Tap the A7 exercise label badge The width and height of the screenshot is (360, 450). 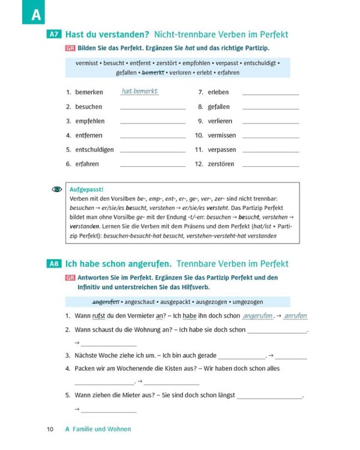click(53, 35)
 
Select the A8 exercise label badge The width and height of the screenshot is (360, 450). click(53, 263)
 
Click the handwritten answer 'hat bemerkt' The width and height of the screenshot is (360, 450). click(139, 91)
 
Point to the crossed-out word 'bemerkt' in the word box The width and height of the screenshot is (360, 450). click(152, 72)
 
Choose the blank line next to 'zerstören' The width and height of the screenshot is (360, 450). click(270, 165)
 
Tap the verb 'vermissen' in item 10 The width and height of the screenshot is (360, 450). click(222, 136)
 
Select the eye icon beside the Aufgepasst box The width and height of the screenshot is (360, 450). click(57, 189)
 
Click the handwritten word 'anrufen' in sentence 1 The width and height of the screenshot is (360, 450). click(295, 315)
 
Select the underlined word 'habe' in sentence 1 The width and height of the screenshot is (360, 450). click(190, 316)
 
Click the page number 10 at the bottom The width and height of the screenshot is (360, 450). click(50, 429)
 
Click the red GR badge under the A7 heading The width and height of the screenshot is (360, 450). click(70, 47)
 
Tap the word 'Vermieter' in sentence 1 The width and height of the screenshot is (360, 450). click(139, 316)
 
